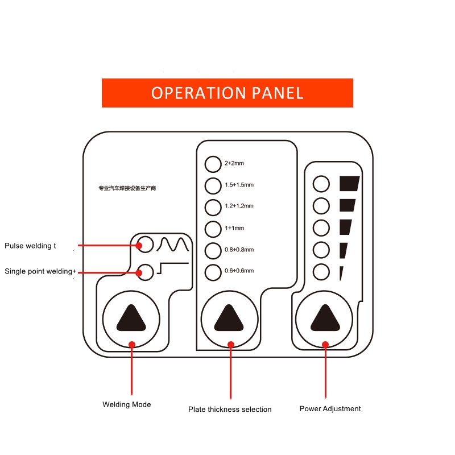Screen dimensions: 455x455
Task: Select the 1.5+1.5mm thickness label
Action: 239,185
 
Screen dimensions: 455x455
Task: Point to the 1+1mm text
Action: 234,228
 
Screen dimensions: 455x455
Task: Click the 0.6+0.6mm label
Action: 239,271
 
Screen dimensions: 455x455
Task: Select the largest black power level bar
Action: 350,183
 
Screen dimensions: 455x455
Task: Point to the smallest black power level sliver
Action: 341,274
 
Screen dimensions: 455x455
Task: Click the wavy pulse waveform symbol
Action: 173,245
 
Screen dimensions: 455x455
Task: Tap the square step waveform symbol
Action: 173,268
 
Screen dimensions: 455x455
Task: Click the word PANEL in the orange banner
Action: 278,93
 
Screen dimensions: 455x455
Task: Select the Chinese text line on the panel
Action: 127,188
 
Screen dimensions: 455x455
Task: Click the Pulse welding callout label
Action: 30,246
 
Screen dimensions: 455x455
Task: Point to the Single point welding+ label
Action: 40,271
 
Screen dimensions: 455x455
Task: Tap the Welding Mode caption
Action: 126,404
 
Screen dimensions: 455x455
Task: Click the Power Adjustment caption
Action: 330,408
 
